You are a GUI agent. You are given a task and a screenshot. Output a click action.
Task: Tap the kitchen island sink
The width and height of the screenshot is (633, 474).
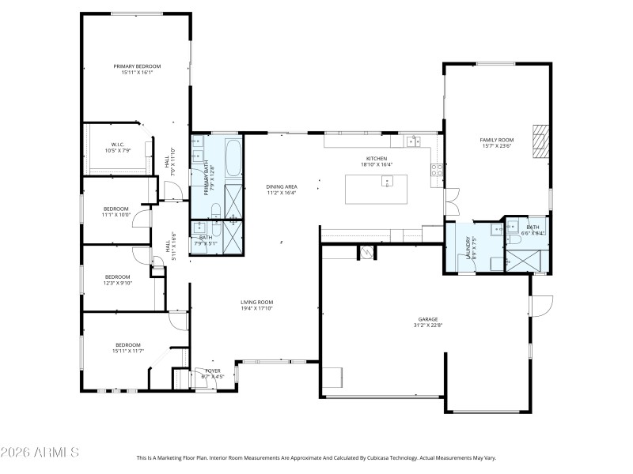pyautogui.click(x=387, y=182)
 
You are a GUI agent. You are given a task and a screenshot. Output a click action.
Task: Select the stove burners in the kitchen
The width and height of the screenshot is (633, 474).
pyautogui.click(x=436, y=168)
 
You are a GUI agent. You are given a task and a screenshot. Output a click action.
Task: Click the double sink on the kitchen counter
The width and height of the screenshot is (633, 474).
pyautogui.click(x=412, y=142)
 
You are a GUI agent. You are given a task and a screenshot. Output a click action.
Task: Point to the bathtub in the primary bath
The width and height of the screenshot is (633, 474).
pyautogui.click(x=234, y=158)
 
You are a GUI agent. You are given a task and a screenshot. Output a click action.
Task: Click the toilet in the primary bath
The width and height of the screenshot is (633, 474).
pyautogui.click(x=216, y=209)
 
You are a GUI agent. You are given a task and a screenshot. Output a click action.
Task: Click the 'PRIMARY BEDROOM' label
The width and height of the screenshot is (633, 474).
pyautogui.click(x=137, y=66)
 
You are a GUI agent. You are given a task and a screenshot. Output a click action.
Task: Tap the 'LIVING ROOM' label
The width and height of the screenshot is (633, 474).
pyautogui.click(x=257, y=302)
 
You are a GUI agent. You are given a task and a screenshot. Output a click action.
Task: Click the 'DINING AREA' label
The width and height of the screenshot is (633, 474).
pyautogui.click(x=281, y=186)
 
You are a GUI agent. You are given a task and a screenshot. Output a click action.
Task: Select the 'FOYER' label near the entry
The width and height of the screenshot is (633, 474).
pyautogui.click(x=213, y=370)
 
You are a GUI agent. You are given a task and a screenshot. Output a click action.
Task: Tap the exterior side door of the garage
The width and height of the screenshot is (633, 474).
pyautogui.click(x=540, y=305)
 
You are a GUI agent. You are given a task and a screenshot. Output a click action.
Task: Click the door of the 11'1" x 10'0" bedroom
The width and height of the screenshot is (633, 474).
pyautogui.click(x=140, y=218)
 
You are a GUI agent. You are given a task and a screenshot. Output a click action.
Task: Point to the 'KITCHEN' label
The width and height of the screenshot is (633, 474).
pyautogui.click(x=375, y=158)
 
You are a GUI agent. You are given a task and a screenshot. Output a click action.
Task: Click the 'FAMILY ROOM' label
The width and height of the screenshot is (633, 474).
pyautogui.click(x=496, y=140)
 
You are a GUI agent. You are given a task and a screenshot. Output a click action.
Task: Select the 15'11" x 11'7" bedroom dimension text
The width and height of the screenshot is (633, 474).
pyautogui.click(x=128, y=350)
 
